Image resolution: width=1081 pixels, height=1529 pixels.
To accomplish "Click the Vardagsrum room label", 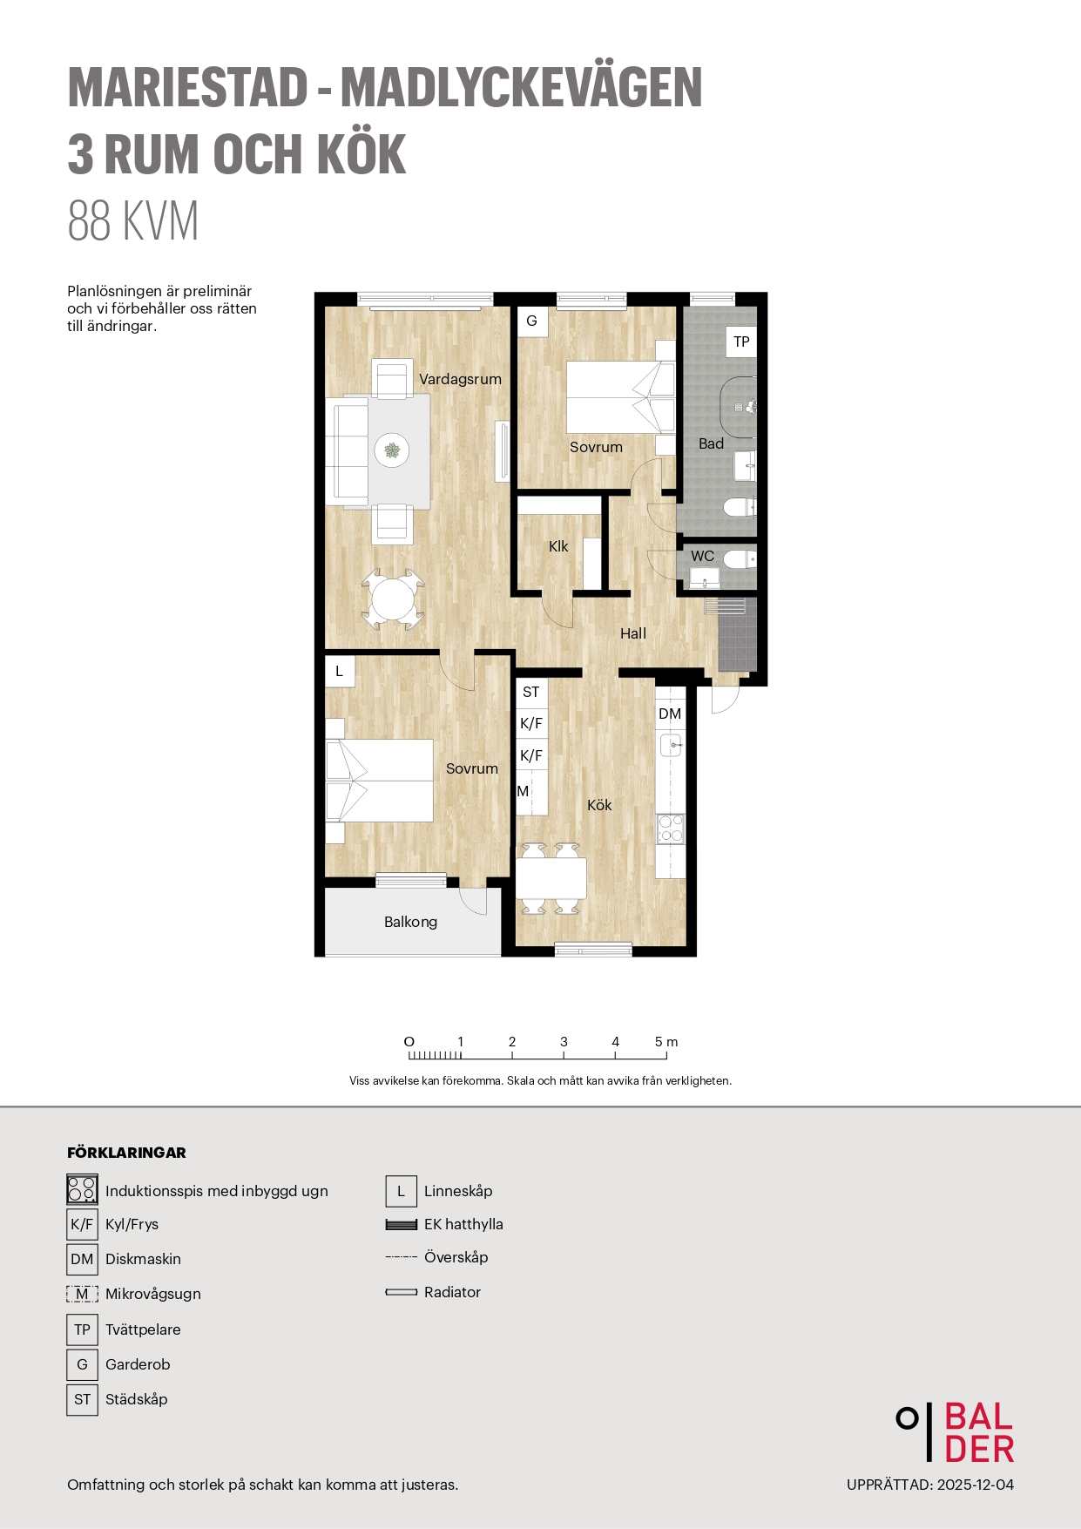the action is [x=460, y=380].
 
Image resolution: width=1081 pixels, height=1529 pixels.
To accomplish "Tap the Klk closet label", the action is [x=558, y=546].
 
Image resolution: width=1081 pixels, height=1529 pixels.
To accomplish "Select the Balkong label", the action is [x=410, y=922].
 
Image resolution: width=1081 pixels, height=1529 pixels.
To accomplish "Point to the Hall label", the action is [x=633, y=633].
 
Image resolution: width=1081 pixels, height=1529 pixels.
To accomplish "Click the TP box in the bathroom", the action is [x=741, y=342].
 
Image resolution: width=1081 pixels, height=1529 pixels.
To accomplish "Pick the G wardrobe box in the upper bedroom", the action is [x=531, y=321].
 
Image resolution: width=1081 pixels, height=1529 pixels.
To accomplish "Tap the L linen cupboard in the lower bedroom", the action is [x=340, y=671].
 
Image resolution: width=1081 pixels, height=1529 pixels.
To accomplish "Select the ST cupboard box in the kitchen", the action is [x=531, y=693].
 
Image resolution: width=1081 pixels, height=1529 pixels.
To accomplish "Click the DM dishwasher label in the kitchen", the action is [x=670, y=714].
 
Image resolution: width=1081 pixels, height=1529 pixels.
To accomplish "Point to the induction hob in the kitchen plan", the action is [x=671, y=829].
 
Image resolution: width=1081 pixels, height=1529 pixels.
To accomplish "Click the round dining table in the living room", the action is [x=394, y=599].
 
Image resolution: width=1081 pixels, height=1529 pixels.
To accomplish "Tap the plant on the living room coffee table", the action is [x=393, y=450].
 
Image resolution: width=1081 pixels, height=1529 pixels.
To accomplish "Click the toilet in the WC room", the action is [x=739, y=558].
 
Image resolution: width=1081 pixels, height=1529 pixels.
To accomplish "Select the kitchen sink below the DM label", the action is [x=671, y=746].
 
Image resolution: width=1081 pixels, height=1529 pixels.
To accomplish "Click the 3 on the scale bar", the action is [x=564, y=1042].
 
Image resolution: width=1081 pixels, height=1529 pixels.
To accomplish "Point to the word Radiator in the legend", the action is [x=452, y=1292].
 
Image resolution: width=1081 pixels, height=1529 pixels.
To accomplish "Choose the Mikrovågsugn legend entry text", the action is [x=153, y=1294].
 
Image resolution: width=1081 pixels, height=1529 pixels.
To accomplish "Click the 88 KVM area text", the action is [x=133, y=220].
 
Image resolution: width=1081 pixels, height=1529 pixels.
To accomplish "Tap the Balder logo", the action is [x=956, y=1432].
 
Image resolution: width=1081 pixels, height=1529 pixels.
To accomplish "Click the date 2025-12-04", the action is [x=976, y=1485].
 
